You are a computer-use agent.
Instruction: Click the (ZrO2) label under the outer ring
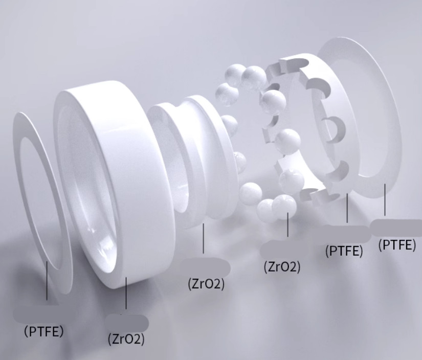tap(126, 339)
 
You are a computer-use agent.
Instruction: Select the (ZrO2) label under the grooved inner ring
tap(206, 284)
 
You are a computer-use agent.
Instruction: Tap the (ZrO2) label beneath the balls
tap(282, 267)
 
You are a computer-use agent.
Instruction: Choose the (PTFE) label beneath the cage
tap(344, 251)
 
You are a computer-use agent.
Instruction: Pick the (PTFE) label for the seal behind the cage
tap(397, 245)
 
